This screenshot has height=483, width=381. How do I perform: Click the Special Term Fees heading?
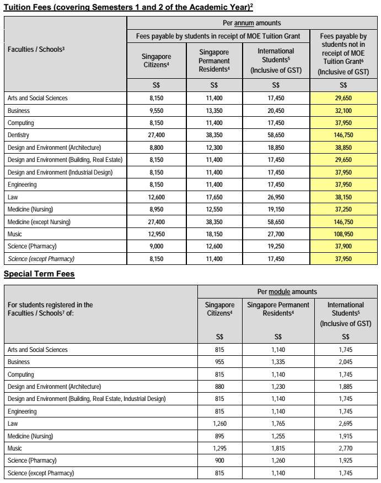point(39,274)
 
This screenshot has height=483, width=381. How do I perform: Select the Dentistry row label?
point(18,135)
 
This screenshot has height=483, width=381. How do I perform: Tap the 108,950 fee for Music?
point(343,234)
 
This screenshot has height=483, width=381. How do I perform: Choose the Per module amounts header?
point(287,291)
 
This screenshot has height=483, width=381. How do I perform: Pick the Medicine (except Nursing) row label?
point(39,222)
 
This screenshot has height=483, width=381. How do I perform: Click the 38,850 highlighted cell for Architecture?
point(343,148)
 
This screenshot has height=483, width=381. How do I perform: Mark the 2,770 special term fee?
point(346,448)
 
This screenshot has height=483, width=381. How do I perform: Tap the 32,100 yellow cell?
point(343,110)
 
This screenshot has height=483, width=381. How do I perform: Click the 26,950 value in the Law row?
point(276,197)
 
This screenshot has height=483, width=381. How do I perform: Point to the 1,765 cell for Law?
point(278,423)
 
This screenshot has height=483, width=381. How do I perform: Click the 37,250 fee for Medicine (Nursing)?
point(343,209)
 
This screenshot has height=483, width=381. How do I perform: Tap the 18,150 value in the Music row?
point(214,234)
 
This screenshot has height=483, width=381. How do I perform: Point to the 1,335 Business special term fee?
point(278,362)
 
